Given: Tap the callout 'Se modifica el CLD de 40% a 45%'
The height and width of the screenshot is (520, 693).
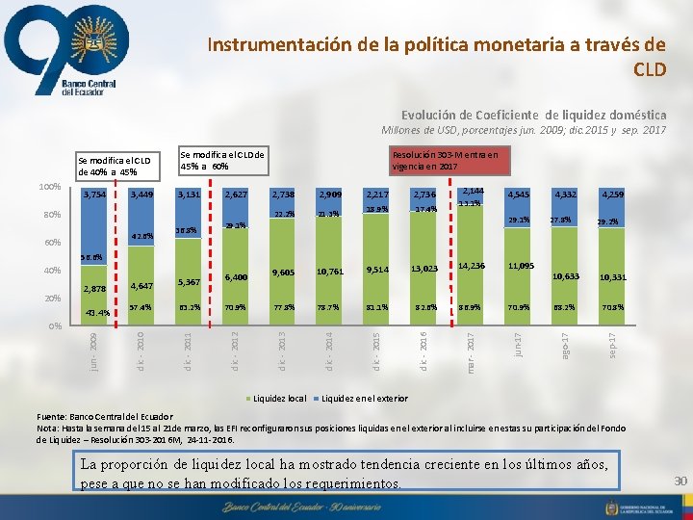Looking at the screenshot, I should click(115, 165).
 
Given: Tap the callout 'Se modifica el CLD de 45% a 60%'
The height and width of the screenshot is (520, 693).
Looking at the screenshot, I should click(222, 160).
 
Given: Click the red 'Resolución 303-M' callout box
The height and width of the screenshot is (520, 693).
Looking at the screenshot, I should click(444, 159).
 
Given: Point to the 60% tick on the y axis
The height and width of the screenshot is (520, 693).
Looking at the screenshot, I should click(53, 243).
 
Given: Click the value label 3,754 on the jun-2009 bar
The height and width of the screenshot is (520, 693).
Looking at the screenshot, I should click(94, 195).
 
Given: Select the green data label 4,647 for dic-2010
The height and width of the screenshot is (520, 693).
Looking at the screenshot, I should click(141, 286).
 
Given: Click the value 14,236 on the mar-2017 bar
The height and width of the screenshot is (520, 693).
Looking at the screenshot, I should click(472, 266).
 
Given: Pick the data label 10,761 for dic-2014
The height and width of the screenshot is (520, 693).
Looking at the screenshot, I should click(330, 273).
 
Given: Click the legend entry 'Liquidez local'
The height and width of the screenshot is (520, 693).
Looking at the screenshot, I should click(280, 397).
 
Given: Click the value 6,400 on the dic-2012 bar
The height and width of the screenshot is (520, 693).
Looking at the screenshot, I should click(236, 277).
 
